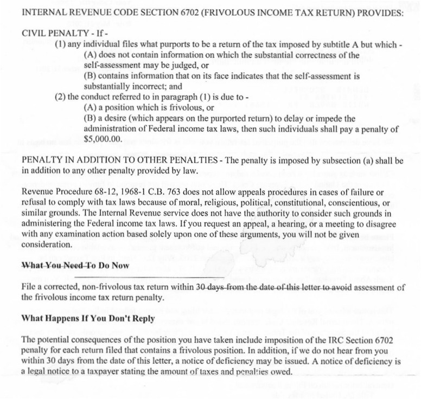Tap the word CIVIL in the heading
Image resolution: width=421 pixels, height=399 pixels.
click(x=35, y=33)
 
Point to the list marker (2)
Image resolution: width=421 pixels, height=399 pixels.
click(x=61, y=97)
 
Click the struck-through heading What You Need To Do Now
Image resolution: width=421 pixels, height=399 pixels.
click(x=75, y=266)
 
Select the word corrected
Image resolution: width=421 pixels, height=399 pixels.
click(x=56, y=287)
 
